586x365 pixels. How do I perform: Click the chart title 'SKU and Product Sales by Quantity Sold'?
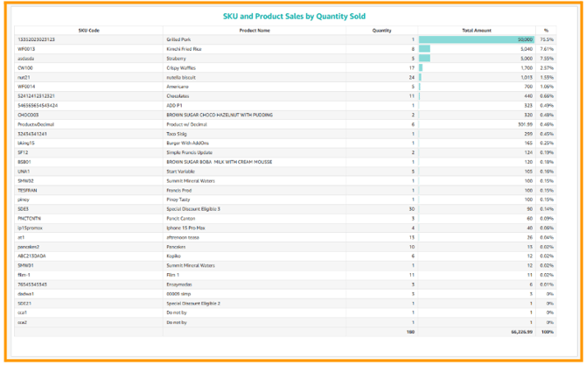pyautogui.click(x=293, y=16)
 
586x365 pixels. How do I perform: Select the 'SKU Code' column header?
pyautogui.click(x=88, y=30)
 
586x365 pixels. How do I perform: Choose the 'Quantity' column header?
pyautogui.click(x=381, y=30)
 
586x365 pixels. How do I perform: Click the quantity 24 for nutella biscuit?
pyautogui.click(x=411, y=77)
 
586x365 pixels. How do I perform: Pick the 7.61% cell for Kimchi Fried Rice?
pyautogui.click(x=547, y=49)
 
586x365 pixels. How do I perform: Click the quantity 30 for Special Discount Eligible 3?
pyautogui.click(x=411, y=209)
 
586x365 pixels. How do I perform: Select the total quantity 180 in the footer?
pyautogui.click(x=410, y=333)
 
